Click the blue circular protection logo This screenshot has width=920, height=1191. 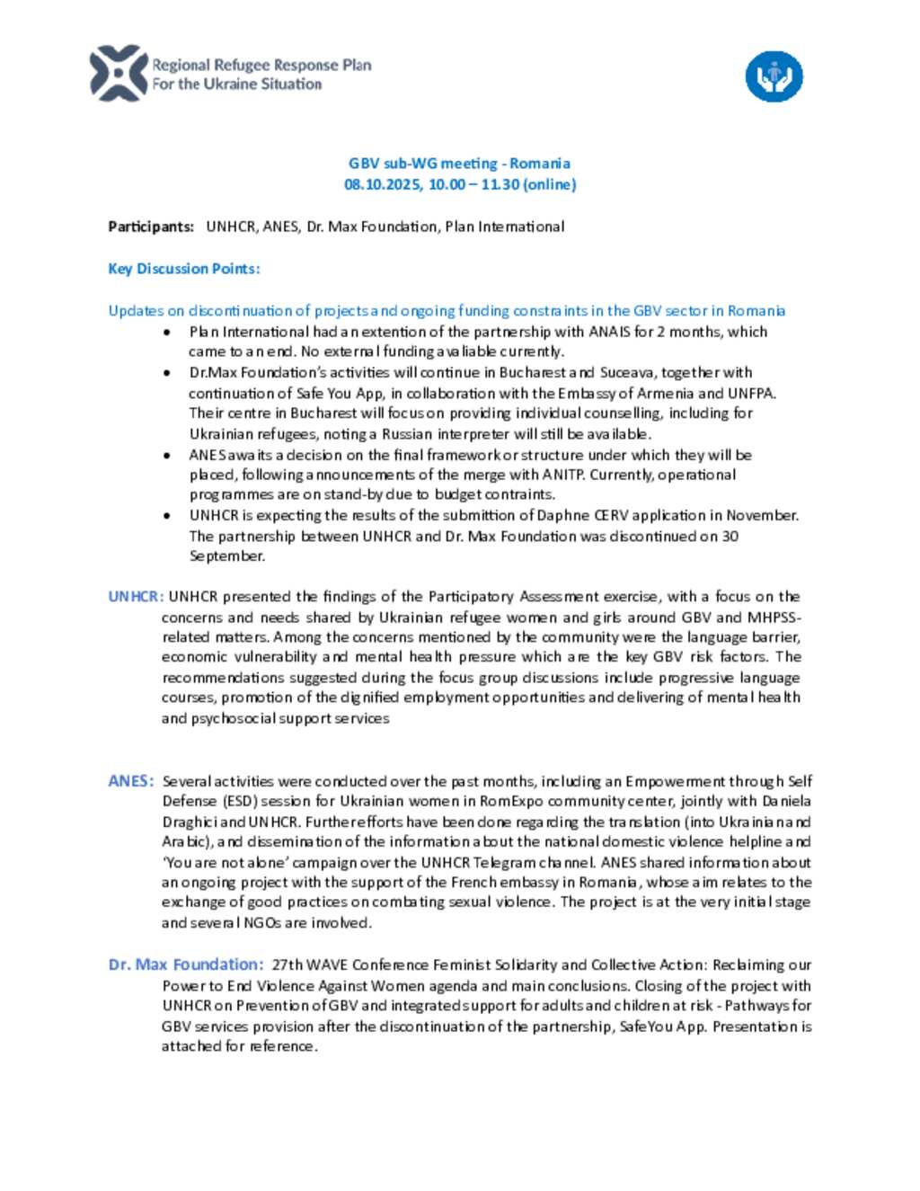point(774,76)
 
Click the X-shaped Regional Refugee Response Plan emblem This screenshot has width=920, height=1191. point(119,74)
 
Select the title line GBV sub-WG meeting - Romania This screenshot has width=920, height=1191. point(459,164)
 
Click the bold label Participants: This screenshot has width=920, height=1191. point(151,227)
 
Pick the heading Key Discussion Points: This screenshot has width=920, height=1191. point(184,269)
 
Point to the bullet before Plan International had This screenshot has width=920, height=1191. point(168,332)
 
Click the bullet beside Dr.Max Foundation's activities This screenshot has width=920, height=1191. point(168,372)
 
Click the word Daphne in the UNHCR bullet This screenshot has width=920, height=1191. point(562,515)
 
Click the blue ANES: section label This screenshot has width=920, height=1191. point(131,781)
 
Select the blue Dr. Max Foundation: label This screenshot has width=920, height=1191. point(186,964)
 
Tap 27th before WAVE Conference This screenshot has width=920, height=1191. point(287,964)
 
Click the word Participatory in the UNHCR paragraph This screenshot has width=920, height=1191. point(471,596)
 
